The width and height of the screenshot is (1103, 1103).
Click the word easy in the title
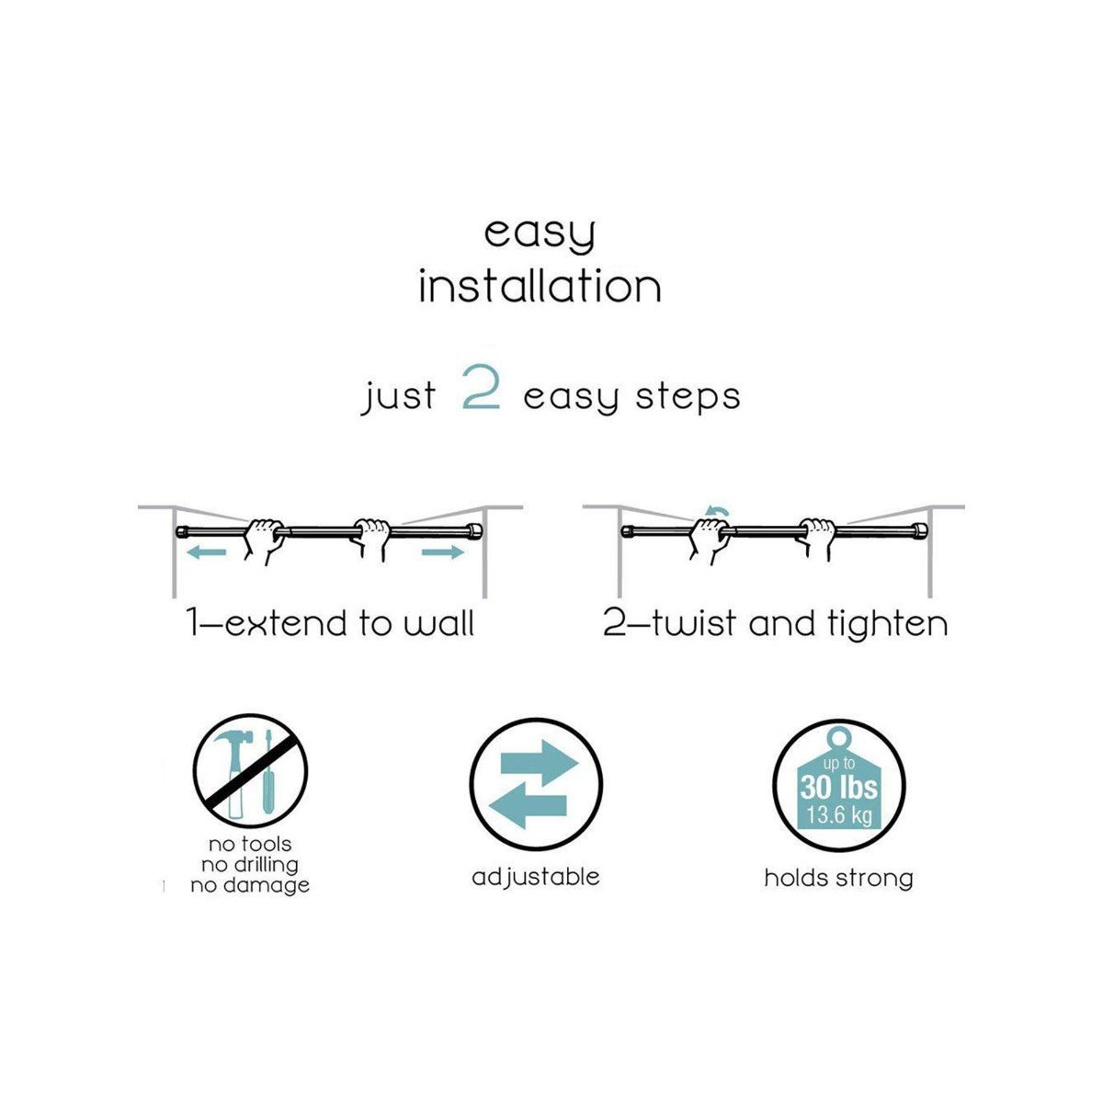click(540, 234)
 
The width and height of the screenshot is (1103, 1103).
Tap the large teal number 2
click(481, 388)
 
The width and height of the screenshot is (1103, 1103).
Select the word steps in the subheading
click(688, 397)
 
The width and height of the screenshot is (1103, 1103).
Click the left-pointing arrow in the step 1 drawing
click(207, 552)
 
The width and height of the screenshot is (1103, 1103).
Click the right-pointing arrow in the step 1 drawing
click(443, 552)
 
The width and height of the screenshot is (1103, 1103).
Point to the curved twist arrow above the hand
click(717, 511)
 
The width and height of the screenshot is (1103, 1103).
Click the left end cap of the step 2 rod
click(627, 532)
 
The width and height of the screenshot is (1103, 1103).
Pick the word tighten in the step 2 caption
click(887, 623)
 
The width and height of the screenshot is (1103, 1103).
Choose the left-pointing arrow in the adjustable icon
click(529, 806)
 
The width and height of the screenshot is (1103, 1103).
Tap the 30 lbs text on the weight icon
click(838, 788)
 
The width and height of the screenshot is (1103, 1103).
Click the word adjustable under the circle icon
click(535, 878)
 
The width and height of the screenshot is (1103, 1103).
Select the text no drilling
click(250, 864)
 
